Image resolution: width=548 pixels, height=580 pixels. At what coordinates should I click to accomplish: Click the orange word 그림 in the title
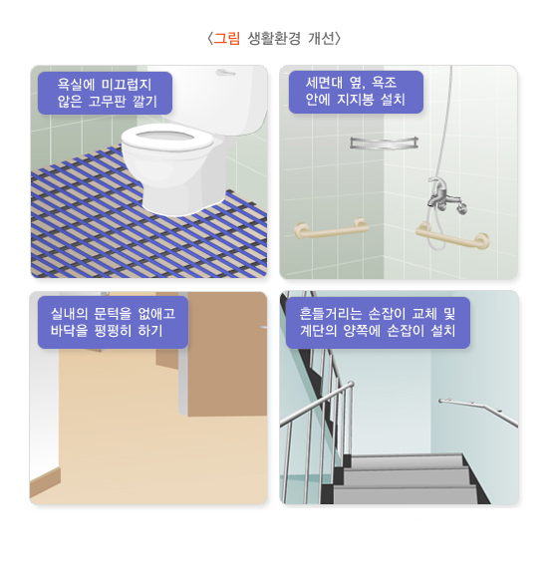[226, 39]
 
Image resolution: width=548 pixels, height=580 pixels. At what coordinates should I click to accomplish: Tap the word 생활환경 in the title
[274, 39]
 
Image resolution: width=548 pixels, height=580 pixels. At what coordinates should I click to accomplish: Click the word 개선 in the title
[321, 39]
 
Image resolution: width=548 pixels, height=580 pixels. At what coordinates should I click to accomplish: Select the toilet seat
[167, 138]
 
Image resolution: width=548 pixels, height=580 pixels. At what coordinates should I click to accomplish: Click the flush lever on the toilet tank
[225, 72]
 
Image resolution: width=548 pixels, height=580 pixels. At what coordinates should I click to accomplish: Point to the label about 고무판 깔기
[105, 93]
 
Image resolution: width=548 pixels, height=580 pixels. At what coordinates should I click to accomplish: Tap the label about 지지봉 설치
[356, 92]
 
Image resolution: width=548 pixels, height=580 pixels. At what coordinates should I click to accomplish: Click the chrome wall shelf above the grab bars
[384, 143]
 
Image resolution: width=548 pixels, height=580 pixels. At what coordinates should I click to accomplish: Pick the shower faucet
[445, 195]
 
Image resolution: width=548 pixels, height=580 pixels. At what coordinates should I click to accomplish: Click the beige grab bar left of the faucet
[332, 228]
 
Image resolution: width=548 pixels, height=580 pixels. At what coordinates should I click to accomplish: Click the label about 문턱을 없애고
[113, 322]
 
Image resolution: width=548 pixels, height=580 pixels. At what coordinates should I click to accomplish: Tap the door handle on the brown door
[264, 327]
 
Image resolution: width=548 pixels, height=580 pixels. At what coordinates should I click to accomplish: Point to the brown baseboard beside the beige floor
[45, 481]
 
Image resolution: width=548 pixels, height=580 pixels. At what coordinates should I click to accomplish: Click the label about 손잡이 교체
[378, 323]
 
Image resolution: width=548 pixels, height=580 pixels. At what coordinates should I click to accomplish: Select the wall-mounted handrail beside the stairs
[478, 412]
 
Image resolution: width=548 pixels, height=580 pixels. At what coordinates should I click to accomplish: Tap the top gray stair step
[406, 460]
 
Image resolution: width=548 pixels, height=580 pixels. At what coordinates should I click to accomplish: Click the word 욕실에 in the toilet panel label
[76, 85]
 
